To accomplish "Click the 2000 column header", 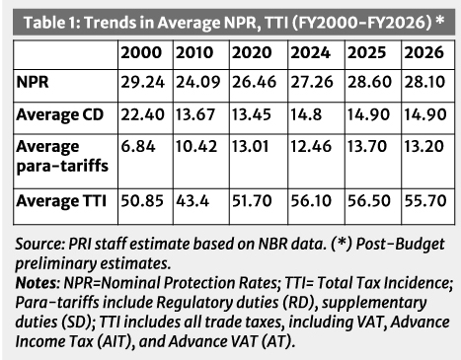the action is pyautogui.click(x=141, y=52).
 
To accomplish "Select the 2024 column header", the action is pyautogui.click(x=310, y=52).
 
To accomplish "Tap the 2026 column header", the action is pyautogui.click(x=423, y=52).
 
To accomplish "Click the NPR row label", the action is pyautogui.click(x=33, y=82).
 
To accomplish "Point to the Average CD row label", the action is pyautogui.click(x=60, y=114).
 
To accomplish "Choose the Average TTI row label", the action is pyautogui.click(x=61, y=201).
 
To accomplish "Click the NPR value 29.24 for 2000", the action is pyautogui.click(x=142, y=82).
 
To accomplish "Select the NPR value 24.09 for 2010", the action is pyautogui.click(x=197, y=82).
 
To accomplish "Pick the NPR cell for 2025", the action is pyautogui.click(x=369, y=82).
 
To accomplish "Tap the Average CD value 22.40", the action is pyautogui.click(x=142, y=114).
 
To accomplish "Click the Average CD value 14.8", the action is pyautogui.click(x=306, y=114).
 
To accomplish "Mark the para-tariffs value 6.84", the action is pyautogui.click(x=138, y=146).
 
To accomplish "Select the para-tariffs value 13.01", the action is pyautogui.click(x=251, y=146).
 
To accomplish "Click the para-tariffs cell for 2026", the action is pyautogui.click(x=423, y=146).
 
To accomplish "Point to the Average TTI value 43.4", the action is pyautogui.click(x=192, y=201).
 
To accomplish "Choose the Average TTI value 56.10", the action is pyautogui.click(x=311, y=201).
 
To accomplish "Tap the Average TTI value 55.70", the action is pyautogui.click(x=425, y=201).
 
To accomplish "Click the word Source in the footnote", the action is pyautogui.click(x=39, y=244).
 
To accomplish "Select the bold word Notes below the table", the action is pyautogui.click(x=36, y=283).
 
